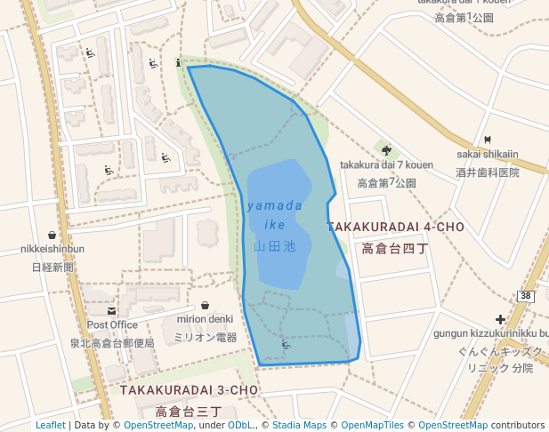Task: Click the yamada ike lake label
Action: coord(274,214)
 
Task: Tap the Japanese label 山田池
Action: coord(274,246)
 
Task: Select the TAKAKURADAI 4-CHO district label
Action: coord(395,228)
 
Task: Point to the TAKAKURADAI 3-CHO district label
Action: coord(189,390)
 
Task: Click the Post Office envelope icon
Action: coord(111,311)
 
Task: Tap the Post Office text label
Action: coord(111,325)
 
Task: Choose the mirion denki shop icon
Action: coord(206,305)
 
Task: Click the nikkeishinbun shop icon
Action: coord(52,235)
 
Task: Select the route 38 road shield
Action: coord(526,296)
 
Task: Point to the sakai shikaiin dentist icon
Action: coord(488,140)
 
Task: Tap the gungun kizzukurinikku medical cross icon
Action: coord(501,319)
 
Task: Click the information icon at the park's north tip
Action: coord(180,62)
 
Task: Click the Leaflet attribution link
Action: coord(51,425)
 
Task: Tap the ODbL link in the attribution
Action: coord(240,425)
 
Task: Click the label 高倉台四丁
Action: coord(395,249)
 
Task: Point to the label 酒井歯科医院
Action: coord(487,172)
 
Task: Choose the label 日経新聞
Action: coord(52,267)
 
